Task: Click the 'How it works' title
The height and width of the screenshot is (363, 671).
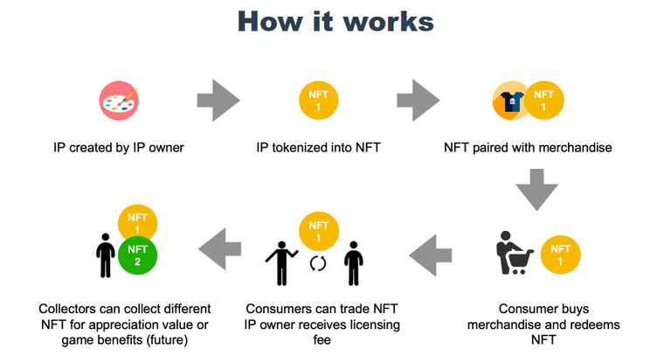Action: pos(335,22)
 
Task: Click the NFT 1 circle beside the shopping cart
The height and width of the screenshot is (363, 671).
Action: pos(559,253)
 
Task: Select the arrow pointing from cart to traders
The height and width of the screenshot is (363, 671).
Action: pos(432,253)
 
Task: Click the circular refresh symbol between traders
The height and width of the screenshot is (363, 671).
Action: pos(317,263)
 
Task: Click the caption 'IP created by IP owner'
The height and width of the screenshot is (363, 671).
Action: pos(118,148)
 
